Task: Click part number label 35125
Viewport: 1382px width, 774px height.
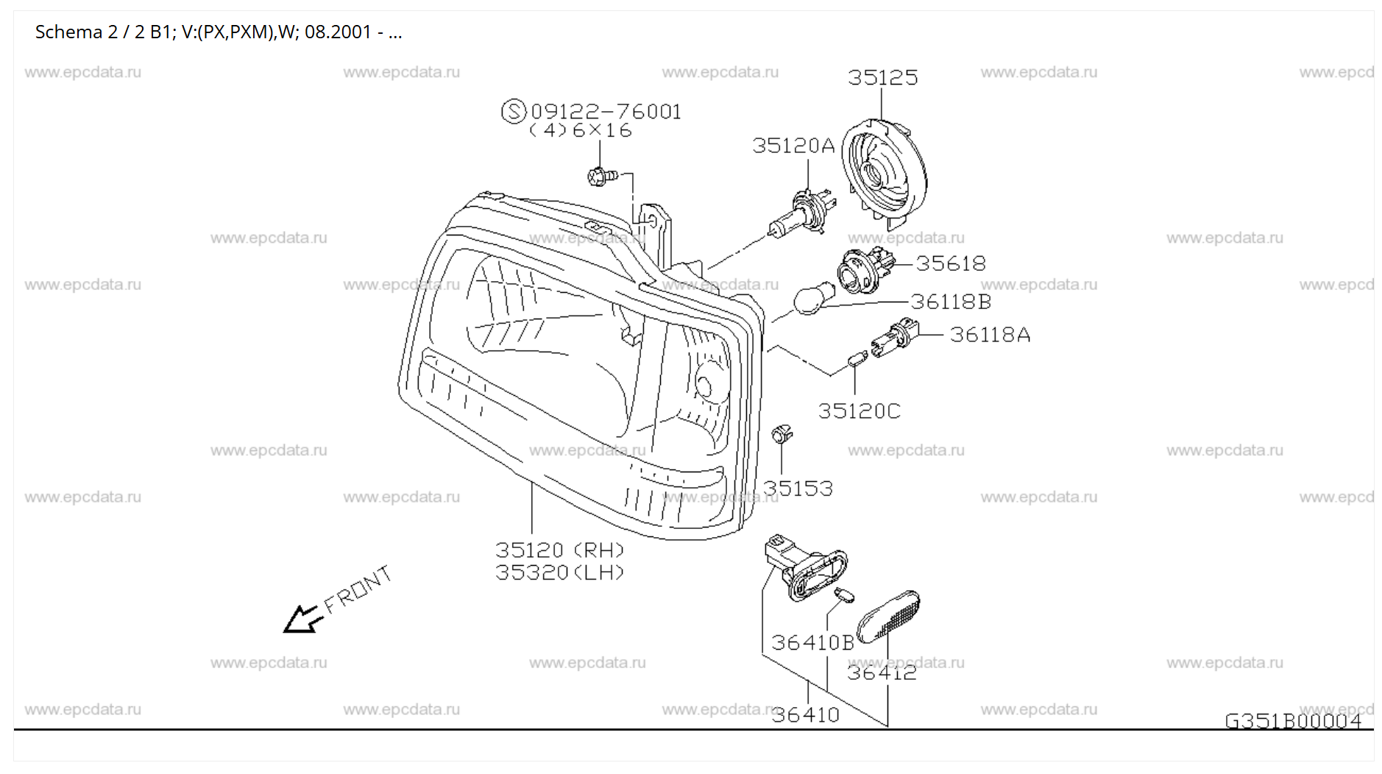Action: pyautogui.click(x=882, y=78)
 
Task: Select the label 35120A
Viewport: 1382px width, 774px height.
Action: pyautogui.click(x=793, y=146)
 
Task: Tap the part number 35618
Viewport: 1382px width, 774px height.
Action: pyautogui.click(x=950, y=263)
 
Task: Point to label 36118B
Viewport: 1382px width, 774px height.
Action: pyautogui.click(x=951, y=302)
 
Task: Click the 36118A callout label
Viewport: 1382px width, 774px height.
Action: pyautogui.click(x=990, y=335)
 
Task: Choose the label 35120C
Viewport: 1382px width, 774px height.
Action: pyautogui.click(x=859, y=411)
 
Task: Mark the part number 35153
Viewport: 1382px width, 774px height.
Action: pyautogui.click(x=798, y=489)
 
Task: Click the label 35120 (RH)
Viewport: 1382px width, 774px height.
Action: pyautogui.click(x=559, y=550)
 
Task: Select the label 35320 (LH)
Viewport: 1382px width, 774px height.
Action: pyautogui.click(x=559, y=572)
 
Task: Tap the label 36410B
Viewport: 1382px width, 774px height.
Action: pyautogui.click(x=812, y=643)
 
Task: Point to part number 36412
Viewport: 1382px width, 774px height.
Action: pyautogui.click(x=882, y=672)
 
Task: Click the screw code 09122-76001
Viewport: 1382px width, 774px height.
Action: pyautogui.click(x=605, y=112)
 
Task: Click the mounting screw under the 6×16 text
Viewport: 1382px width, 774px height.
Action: pyautogui.click(x=601, y=177)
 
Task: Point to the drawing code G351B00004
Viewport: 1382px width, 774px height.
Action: pyautogui.click(x=1293, y=721)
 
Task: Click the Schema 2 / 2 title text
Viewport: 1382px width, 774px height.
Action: pyautogui.click(x=218, y=32)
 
